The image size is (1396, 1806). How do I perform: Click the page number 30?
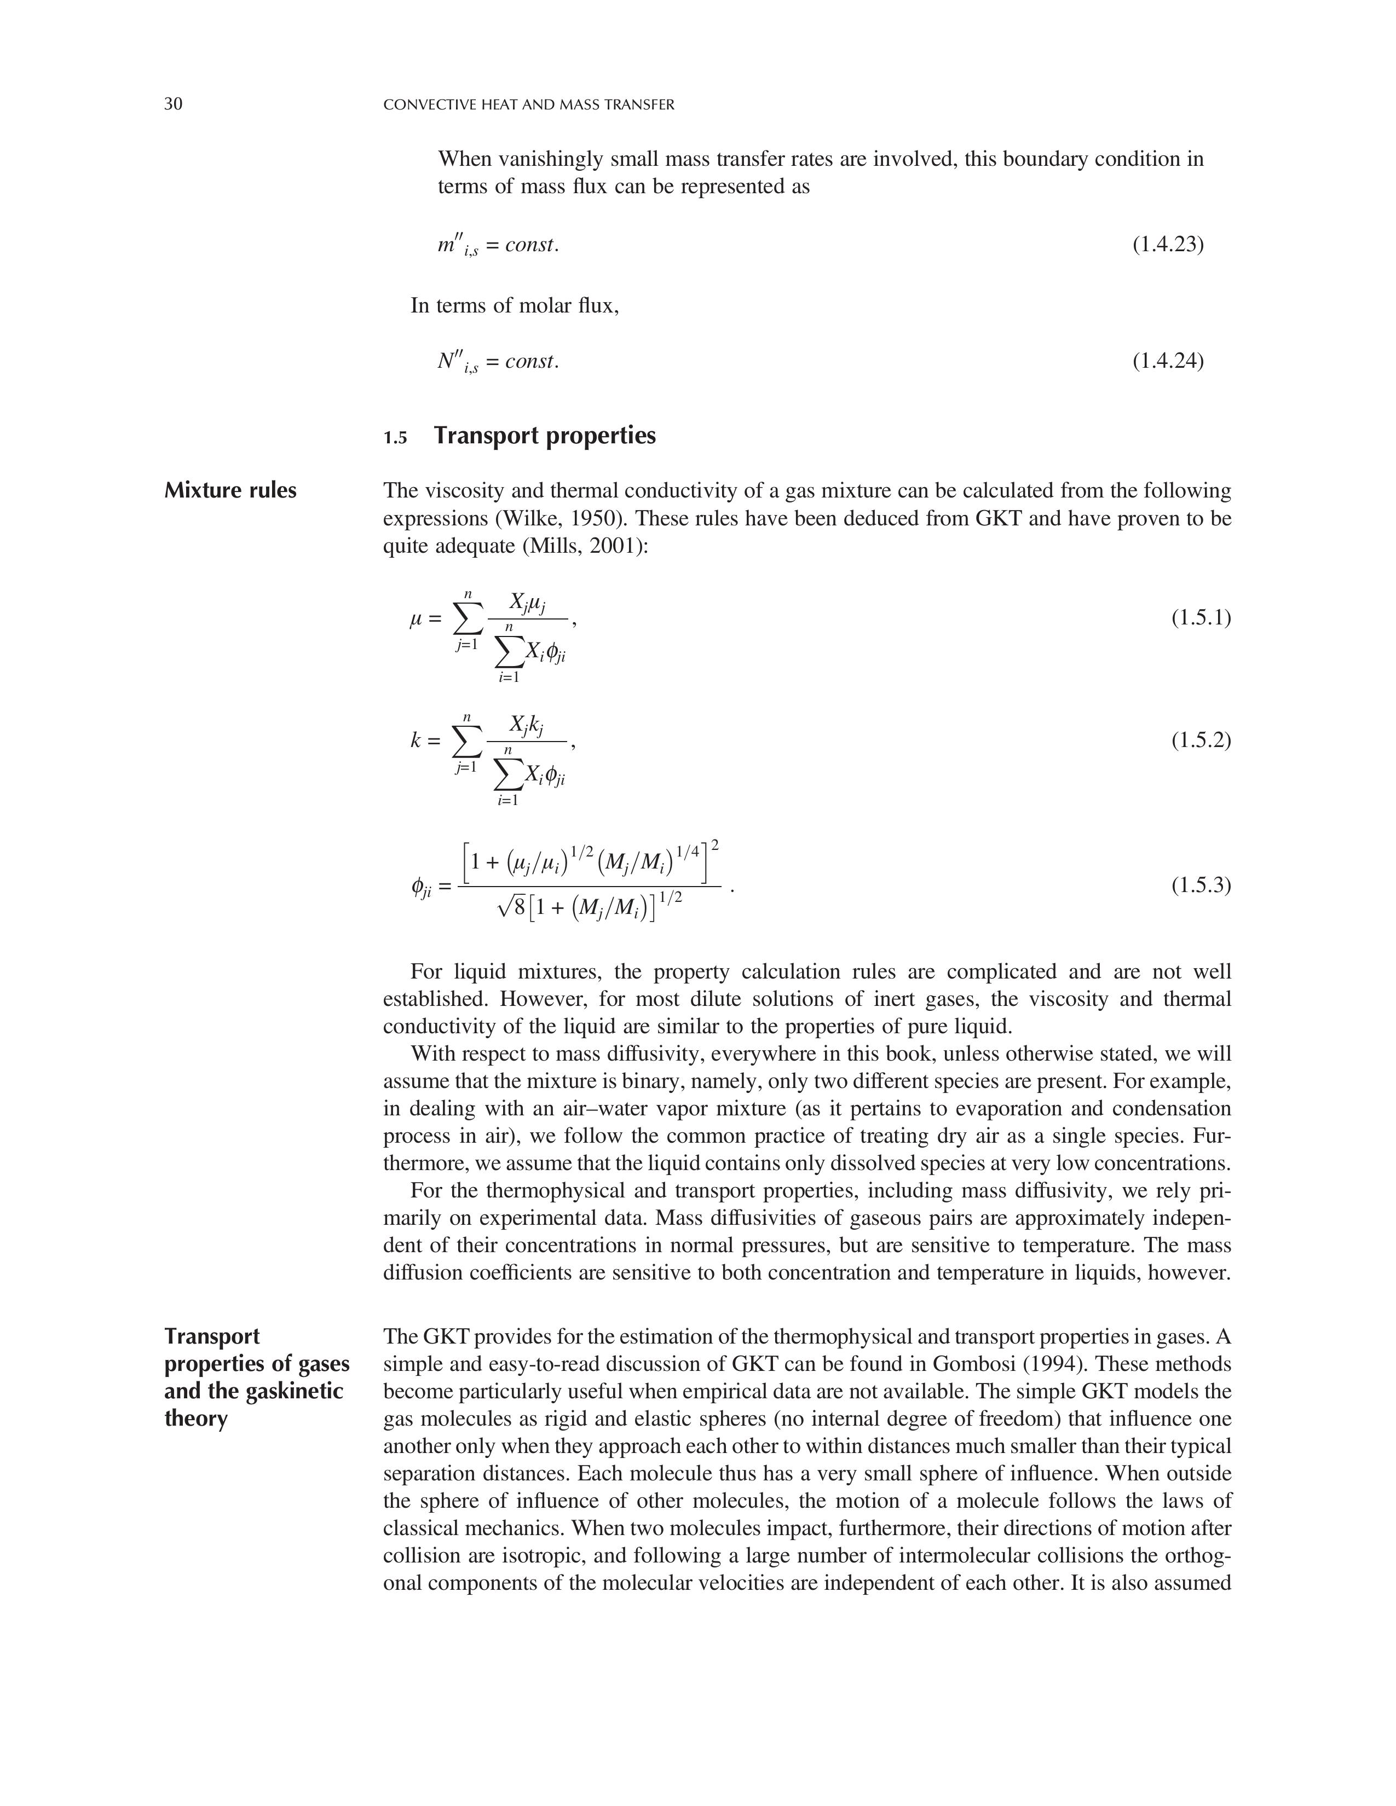click(x=173, y=104)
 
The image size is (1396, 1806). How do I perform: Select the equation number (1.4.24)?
click(x=1167, y=361)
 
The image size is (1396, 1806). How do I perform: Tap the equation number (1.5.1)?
click(x=1201, y=618)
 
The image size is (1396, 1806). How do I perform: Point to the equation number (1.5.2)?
click(x=1201, y=740)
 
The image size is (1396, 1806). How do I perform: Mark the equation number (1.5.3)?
click(x=1201, y=885)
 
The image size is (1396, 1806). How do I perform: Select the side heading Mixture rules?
click(x=230, y=490)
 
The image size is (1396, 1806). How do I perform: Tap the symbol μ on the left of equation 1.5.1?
click(x=416, y=618)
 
